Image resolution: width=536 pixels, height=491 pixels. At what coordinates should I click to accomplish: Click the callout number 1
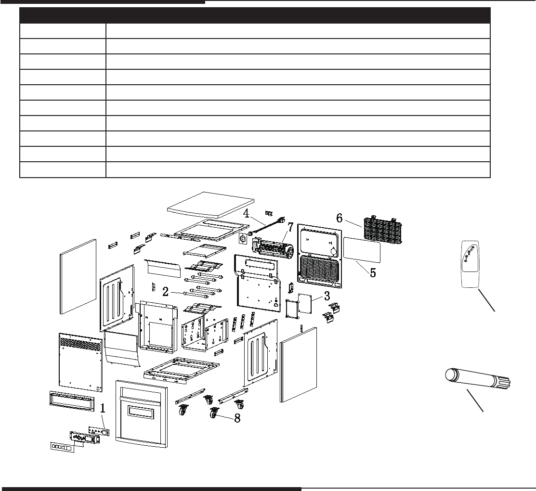click(102, 409)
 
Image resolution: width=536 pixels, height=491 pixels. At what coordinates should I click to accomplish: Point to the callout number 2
click(165, 292)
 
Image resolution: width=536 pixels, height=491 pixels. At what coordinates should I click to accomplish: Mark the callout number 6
click(340, 218)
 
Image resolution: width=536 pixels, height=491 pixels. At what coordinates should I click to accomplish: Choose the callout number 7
click(290, 227)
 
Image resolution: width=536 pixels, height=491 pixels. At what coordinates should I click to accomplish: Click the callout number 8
click(237, 418)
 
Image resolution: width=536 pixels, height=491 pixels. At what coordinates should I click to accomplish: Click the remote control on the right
click(470, 264)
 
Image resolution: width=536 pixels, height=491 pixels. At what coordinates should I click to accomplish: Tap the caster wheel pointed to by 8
click(213, 413)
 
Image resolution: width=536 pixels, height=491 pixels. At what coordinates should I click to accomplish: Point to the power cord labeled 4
click(264, 227)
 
